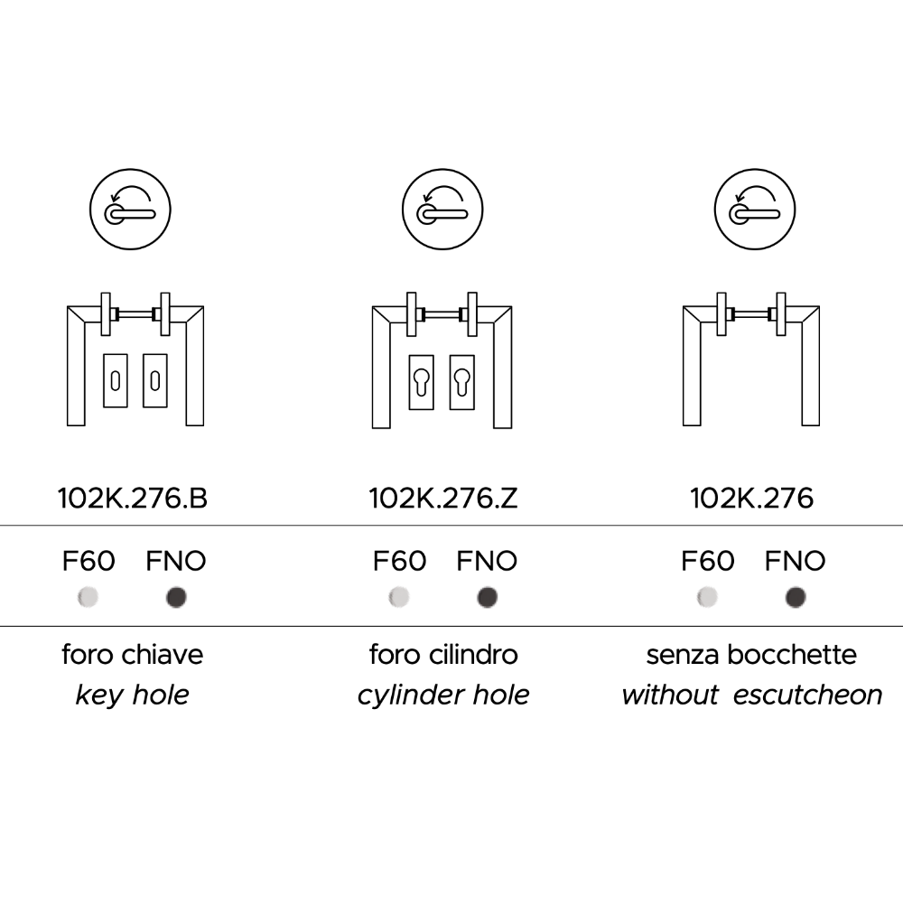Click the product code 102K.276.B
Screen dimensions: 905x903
click(133, 498)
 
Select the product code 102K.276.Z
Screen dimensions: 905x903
click(443, 498)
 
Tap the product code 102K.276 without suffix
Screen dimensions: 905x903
click(751, 498)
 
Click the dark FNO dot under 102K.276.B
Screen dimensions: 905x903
click(176, 597)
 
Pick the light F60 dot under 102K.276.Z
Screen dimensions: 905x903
click(399, 597)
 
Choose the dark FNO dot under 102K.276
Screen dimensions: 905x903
click(796, 597)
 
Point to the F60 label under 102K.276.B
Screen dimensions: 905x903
click(88, 562)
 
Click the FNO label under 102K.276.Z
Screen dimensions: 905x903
click(487, 562)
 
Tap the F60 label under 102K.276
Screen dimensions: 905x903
click(707, 562)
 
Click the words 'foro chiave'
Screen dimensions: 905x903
click(133, 654)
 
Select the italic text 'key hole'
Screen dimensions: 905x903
click(133, 695)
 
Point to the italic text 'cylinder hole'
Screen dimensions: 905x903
click(443, 695)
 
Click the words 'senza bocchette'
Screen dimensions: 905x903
click(751, 654)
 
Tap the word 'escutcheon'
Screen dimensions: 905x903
click(807, 695)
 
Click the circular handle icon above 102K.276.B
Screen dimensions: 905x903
click(133, 211)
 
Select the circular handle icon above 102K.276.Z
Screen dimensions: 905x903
click(443, 211)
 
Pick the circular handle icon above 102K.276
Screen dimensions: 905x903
click(756, 211)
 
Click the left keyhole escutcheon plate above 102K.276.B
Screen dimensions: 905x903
click(116, 380)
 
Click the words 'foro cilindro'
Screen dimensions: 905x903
click(443, 654)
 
